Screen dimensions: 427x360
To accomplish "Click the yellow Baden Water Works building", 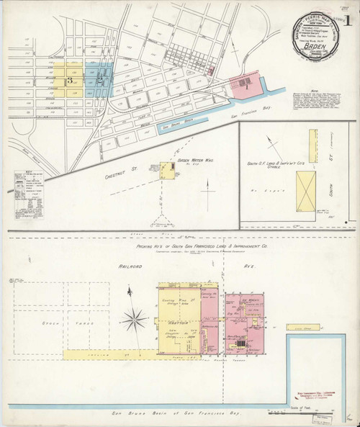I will pyautogui.click(x=166, y=171).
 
